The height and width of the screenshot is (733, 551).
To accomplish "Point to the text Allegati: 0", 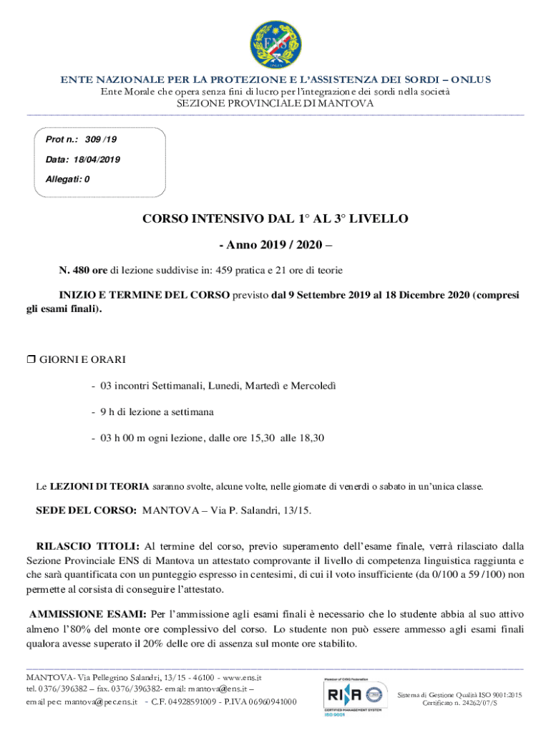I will click(x=67, y=179).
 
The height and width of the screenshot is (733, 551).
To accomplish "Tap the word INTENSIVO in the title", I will click(x=228, y=218).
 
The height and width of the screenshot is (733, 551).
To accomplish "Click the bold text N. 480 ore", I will click(x=83, y=270).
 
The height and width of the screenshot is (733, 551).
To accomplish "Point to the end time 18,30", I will click(x=311, y=437).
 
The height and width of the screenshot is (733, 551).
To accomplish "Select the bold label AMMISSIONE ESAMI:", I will click(x=87, y=614).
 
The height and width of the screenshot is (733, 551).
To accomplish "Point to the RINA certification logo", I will click(x=353, y=694).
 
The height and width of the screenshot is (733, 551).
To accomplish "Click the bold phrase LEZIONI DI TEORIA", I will click(x=99, y=487).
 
